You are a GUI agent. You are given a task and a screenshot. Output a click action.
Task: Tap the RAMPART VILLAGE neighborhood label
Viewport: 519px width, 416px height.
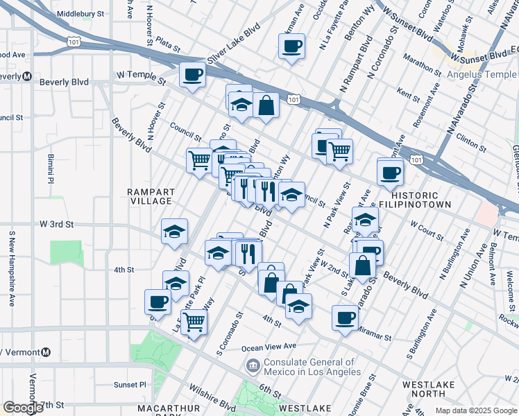(150, 196)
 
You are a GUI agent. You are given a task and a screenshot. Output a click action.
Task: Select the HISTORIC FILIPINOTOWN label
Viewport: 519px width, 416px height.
(415, 200)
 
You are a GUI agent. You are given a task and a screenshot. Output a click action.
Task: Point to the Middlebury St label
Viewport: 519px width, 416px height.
(80, 13)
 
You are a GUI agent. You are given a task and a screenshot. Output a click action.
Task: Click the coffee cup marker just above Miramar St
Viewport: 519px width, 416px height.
(345, 318)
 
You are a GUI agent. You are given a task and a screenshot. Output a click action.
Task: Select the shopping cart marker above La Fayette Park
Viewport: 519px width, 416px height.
(194, 321)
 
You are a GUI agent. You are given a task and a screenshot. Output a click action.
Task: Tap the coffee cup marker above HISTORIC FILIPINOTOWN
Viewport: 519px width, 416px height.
(390, 172)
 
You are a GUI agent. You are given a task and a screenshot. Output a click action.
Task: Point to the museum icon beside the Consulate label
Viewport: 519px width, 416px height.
(252, 365)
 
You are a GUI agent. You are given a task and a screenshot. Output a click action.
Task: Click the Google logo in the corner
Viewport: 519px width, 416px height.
(23, 407)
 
